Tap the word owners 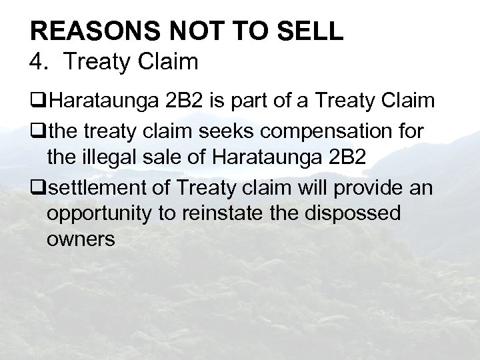pos(80,241)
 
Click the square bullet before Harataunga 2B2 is pos(37,102)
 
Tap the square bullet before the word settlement pos(37,189)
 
